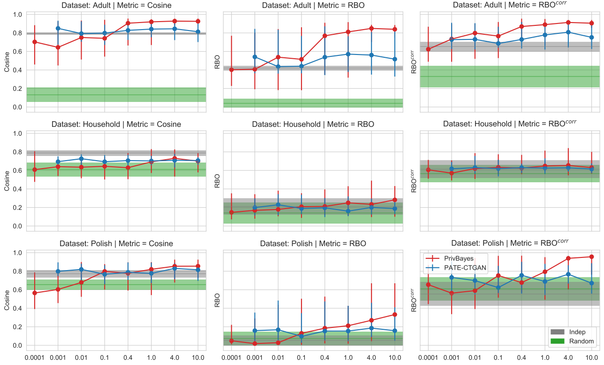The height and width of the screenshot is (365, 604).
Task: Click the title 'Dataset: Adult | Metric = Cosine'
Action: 117,5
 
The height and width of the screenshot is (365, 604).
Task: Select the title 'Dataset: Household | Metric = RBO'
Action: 313,124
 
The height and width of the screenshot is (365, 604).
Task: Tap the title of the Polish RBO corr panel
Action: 510,243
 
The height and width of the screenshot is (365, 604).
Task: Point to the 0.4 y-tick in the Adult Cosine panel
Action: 17,70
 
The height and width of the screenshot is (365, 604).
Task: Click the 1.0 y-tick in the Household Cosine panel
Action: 17,133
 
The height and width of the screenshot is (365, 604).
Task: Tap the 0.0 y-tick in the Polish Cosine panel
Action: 17,346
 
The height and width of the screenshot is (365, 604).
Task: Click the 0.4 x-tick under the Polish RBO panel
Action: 325,358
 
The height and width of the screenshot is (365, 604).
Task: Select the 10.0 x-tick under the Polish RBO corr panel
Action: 591,358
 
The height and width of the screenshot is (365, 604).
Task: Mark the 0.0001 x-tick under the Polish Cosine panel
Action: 34,358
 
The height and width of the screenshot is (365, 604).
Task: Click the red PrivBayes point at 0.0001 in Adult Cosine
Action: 34,42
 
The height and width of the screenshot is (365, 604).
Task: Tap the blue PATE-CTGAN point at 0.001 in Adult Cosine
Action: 58,28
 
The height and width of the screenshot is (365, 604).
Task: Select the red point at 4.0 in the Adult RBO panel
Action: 371,28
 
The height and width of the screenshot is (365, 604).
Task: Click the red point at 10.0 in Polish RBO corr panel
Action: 591,256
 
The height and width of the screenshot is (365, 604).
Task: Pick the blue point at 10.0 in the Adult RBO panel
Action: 395,59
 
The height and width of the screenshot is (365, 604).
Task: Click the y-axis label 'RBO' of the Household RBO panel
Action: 217,181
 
